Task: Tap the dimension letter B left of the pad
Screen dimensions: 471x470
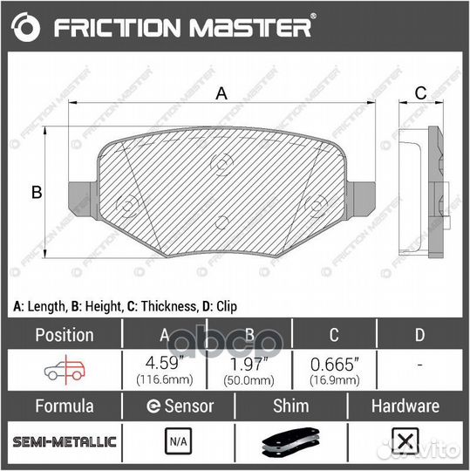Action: point(37,193)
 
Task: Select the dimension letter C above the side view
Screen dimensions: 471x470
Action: point(419,94)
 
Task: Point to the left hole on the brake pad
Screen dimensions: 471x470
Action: point(127,207)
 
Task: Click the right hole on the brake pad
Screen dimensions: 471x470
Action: point(315,207)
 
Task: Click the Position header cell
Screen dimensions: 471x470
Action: point(64,335)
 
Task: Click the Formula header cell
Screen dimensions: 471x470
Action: point(64,406)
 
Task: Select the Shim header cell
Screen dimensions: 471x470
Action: point(291,406)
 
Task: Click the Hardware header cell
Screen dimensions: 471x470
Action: point(405,406)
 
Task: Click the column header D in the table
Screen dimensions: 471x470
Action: point(419,335)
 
